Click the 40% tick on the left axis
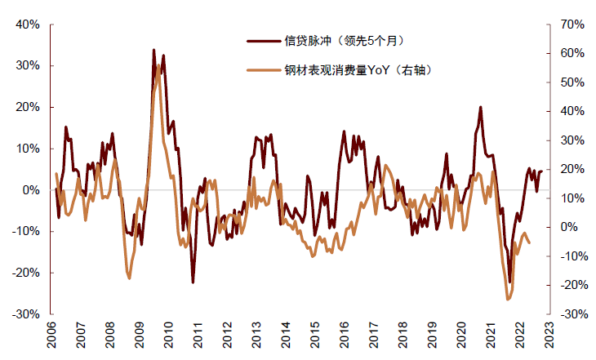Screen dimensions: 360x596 tap(27, 24)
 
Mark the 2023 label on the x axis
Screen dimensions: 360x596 tap(549, 336)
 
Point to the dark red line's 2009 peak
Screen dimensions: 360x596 tap(153, 50)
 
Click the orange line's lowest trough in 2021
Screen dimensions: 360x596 tap(508, 300)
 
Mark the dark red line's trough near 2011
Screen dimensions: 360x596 tap(193, 282)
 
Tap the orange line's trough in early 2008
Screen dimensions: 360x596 tap(129, 278)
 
